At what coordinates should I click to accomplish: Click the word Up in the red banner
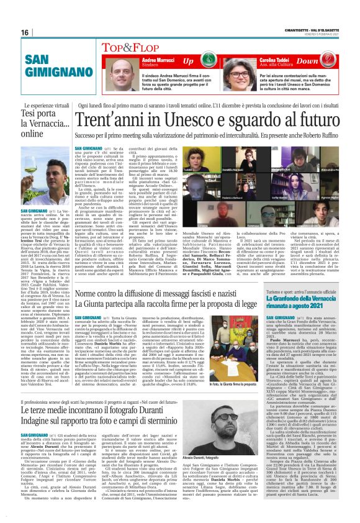coord(188,61)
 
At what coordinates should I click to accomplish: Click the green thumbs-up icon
coord(207,62)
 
